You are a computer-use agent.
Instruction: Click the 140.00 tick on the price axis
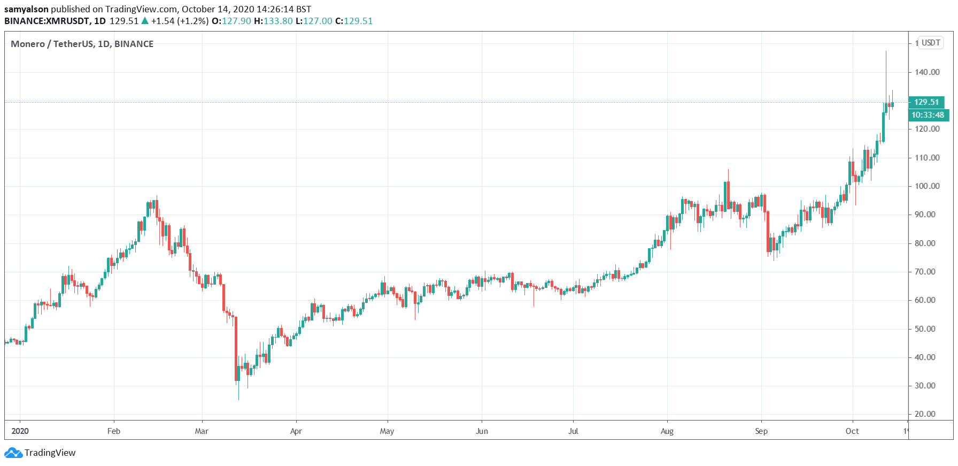[926, 72]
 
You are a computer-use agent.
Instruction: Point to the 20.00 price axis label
[925, 414]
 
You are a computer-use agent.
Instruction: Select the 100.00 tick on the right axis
[926, 186]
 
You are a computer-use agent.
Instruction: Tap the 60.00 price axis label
[925, 300]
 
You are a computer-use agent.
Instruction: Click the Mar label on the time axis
[202, 431]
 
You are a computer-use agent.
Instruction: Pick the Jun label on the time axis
[482, 431]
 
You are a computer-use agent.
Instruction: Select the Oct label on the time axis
[852, 431]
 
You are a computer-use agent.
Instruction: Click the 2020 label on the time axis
[20, 431]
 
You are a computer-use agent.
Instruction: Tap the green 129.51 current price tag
[926, 102]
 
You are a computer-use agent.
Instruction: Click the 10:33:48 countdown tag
[928, 115]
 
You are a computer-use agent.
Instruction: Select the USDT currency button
[931, 43]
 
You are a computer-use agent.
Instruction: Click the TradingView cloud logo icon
[13, 453]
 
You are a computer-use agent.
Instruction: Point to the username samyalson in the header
[26, 9]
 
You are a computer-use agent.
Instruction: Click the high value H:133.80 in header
[273, 21]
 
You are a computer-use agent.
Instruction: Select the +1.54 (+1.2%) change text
[180, 21]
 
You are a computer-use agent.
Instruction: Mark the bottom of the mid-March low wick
[238, 400]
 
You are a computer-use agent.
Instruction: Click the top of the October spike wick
[886, 51]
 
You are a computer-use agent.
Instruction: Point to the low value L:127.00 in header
[314, 21]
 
